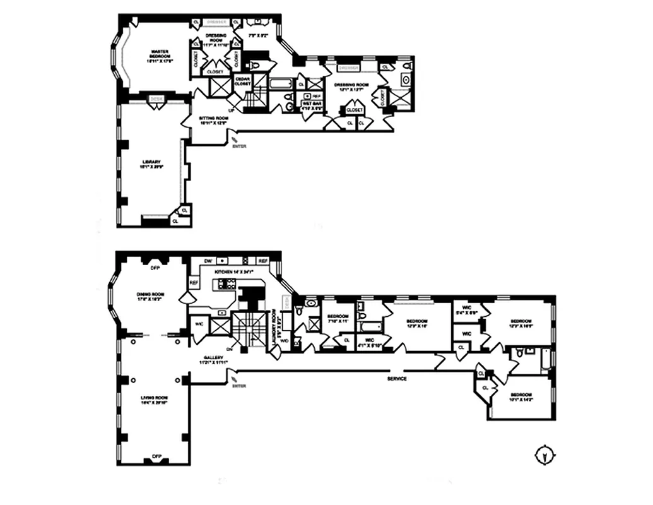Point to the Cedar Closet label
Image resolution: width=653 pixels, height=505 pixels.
[243, 80]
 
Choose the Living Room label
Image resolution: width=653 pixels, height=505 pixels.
[154, 401]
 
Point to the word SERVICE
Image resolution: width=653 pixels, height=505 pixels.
[397, 379]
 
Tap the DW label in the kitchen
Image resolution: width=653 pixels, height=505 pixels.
[208, 261]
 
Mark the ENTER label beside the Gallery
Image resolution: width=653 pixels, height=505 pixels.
[238, 385]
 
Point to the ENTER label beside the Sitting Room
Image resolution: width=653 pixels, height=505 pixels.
[239, 146]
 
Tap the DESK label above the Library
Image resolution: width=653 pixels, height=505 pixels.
[155, 98]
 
